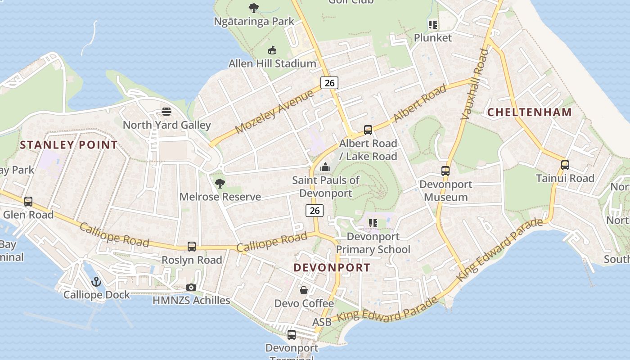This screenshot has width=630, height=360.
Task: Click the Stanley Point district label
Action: [x=69, y=145]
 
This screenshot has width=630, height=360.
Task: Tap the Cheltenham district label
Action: [x=530, y=112]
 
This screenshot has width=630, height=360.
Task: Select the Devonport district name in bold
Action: [x=332, y=267]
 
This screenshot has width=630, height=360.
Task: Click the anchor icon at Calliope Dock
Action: [x=96, y=282]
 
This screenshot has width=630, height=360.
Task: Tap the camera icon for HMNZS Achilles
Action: [x=191, y=287]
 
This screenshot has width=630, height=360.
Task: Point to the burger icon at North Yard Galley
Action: [x=166, y=112]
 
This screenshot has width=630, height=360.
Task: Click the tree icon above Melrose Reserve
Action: [x=220, y=183]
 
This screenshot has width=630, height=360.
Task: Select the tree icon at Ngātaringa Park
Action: [x=254, y=8]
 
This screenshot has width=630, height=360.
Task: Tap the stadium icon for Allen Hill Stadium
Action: [x=272, y=50]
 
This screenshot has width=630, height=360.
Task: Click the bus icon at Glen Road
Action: [x=28, y=201]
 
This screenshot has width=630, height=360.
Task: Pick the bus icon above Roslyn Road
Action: [x=192, y=246]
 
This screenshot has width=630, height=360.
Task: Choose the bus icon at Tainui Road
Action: [x=565, y=165]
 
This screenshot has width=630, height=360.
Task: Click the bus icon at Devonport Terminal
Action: [x=292, y=334]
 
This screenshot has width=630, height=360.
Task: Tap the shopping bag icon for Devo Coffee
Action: [x=304, y=290]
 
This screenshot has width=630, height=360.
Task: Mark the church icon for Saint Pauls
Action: [x=325, y=167]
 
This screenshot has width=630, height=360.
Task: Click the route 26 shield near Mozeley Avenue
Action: [x=329, y=82]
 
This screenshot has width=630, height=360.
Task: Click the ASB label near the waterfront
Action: [x=322, y=322]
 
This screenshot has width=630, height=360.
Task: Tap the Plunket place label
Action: [x=432, y=37]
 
